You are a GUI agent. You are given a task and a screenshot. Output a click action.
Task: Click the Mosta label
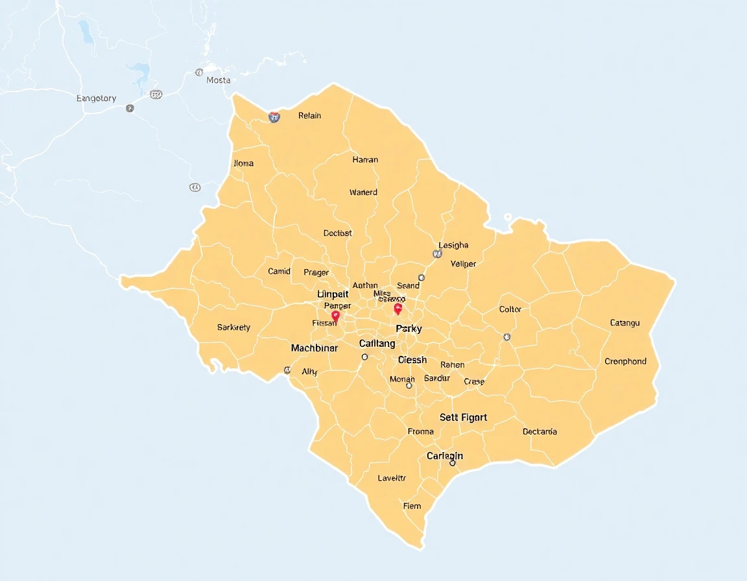[x=219, y=80]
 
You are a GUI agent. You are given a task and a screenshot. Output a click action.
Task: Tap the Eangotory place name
[x=96, y=99]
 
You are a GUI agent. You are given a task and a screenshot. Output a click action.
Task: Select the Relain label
[x=309, y=116]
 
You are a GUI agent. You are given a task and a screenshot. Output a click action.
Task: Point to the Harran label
[x=365, y=160]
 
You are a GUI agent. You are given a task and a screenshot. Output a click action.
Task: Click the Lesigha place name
[x=453, y=245]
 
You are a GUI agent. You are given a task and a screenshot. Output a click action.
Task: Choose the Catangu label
[x=624, y=322]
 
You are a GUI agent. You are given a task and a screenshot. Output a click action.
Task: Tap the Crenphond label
[x=625, y=361]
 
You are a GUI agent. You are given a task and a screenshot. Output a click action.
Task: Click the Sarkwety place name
[x=233, y=327]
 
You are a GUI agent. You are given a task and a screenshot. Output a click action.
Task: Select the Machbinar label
[x=314, y=348]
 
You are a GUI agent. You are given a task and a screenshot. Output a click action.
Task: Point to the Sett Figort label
[x=463, y=418]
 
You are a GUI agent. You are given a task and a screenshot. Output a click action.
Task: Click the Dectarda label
[x=539, y=431]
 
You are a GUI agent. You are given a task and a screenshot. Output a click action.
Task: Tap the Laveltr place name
[x=392, y=478]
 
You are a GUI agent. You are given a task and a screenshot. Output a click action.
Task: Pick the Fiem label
[x=412, y=506]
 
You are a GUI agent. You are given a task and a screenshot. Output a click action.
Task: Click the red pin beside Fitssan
[x=335, y=316]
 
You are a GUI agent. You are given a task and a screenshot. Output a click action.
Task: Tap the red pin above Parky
[x=398, y=309]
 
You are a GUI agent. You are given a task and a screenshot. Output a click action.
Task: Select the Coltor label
[x=510, y=309]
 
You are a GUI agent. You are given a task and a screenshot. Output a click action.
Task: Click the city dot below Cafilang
[x=365, y=357]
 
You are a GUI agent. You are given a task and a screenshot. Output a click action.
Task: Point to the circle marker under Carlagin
[x=453, y=463]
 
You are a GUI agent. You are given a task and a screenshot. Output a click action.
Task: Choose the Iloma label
[x=243, y=163]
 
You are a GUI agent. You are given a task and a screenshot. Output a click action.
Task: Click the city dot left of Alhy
[x=287, y=370]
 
